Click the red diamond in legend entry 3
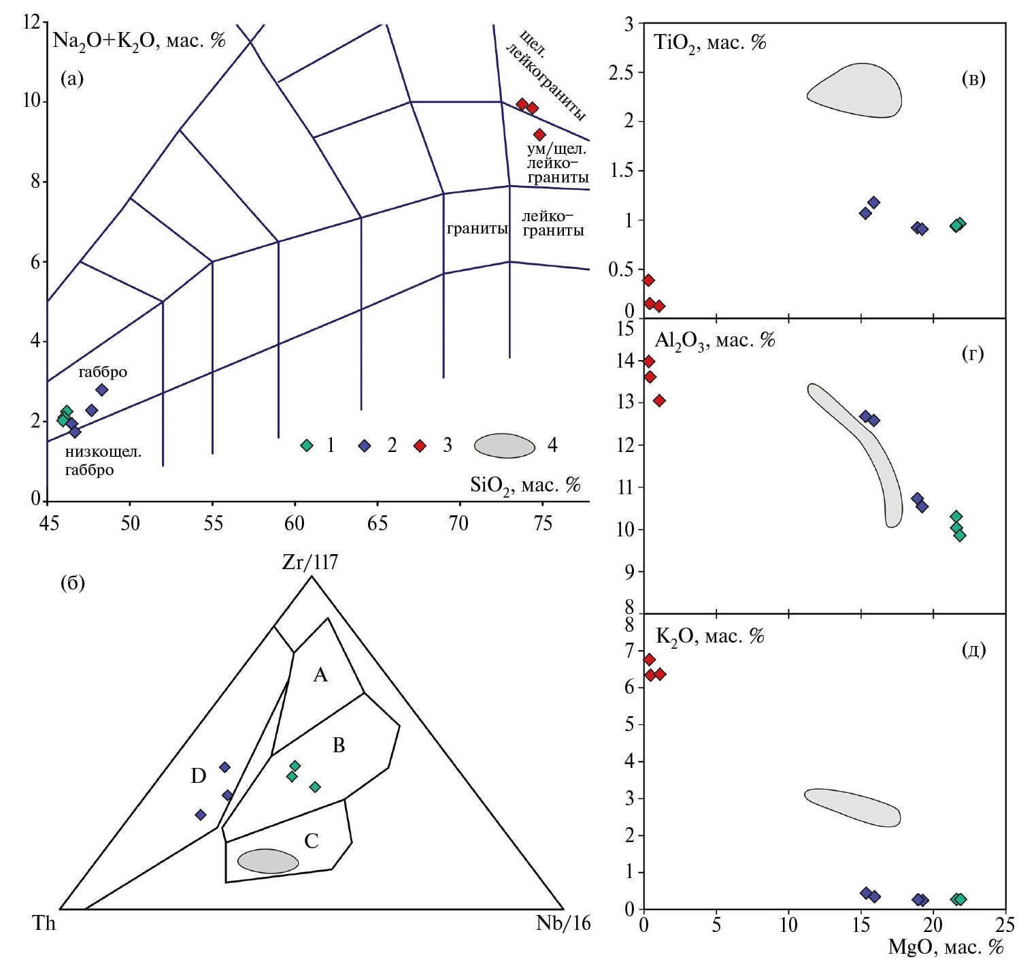point(420,445)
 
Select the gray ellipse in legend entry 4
point(505,446)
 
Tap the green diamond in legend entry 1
point(307,445)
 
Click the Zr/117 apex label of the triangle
point(310,562)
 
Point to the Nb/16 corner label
point(563,923)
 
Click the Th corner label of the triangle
point(44,923)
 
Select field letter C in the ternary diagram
point(312,841)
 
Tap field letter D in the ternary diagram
point(198,775)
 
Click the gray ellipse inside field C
point(268,861)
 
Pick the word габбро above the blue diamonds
point(103,372)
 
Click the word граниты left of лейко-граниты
point(477,229)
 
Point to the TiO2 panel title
point(709,43)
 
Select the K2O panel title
point(709,637)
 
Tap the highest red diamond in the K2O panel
point(649,659)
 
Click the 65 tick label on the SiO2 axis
point(377,523)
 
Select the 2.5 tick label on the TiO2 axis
point(621,73)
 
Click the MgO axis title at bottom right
point(945,947)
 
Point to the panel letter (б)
point(72,583)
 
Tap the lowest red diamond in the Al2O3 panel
point(659,400)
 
